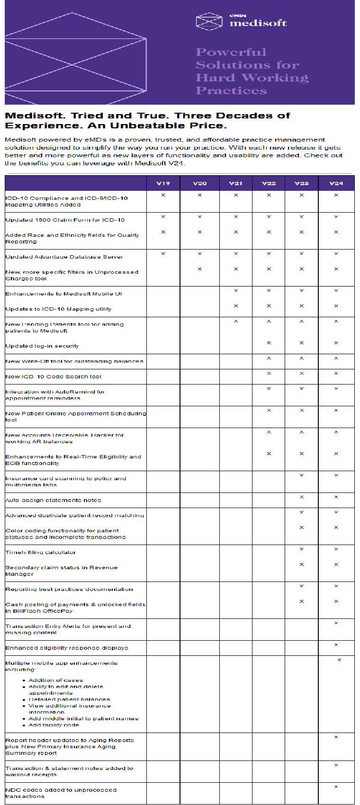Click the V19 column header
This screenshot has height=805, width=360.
tap(163, 183)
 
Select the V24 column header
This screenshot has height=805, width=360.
tap(336, 183)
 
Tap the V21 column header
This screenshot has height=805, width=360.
tap(235, 183)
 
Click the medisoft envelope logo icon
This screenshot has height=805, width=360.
tap(209, 21)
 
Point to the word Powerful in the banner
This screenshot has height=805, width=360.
tap(231, 52)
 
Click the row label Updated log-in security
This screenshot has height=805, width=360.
tap(42, 346)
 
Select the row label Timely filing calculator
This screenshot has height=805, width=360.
tap(41, 552)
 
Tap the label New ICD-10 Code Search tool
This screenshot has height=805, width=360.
tap(54, 376)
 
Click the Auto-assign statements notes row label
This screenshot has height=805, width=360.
tap(53, 500)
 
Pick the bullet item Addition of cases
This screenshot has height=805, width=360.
tap(55, 680)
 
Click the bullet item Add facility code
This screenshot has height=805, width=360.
tap(54, 725)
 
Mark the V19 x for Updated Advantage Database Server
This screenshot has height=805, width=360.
tap(163, 254)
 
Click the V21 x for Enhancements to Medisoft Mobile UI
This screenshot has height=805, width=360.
tap(235, 291)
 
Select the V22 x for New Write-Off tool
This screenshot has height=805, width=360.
tap(269, 358)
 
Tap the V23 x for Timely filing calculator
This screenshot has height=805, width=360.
tap(301, 549)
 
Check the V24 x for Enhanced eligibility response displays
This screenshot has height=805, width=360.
tap(336, 645)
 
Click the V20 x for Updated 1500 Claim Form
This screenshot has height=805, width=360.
tap(199, 217)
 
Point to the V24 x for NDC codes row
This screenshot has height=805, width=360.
tap(336, 787)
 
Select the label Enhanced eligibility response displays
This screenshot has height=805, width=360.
tap(67, 648)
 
